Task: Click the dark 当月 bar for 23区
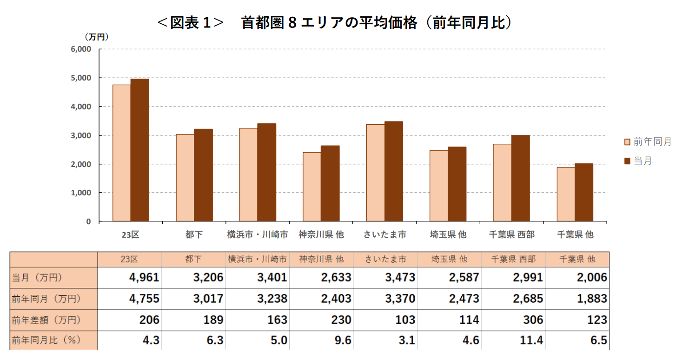(139, 150)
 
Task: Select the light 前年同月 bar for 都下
(185, 178)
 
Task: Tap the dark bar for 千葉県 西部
(520, 178)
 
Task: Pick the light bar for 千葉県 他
(565, 194)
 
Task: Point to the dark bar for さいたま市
(393, 171)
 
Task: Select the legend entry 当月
(642, 161)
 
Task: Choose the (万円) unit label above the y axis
(96, 37)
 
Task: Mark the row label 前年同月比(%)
(46, 340)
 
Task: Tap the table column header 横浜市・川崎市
(257, 259)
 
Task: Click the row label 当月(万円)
(37, 278)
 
